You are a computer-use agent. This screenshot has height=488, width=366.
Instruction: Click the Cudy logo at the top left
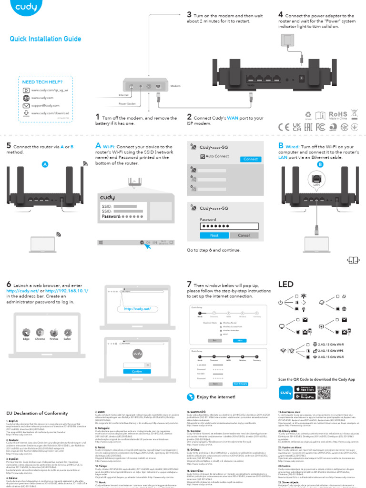24,10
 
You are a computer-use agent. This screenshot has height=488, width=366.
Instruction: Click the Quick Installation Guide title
45,39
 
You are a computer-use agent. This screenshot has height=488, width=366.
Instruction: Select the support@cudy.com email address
45,105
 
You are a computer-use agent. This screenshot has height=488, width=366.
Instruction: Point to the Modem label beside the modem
175,86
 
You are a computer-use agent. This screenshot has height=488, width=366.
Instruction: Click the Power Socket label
127,103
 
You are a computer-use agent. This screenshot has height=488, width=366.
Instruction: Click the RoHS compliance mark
338,114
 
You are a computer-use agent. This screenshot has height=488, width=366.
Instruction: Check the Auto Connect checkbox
203,156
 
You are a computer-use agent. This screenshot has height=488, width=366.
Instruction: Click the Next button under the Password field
214,235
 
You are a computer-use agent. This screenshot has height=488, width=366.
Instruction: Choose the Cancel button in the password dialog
244,235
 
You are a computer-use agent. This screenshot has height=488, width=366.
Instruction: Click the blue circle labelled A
45,164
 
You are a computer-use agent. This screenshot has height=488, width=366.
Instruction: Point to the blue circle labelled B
320,164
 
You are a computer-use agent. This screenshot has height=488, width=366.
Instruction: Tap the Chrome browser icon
40,332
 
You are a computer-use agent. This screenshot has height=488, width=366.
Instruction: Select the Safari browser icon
68,332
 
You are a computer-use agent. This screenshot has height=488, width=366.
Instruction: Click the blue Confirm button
137,371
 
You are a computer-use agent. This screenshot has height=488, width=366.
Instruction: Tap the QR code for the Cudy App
324,392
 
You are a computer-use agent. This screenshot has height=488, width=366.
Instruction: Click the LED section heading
286,285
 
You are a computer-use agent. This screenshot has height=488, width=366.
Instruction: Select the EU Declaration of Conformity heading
37,413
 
